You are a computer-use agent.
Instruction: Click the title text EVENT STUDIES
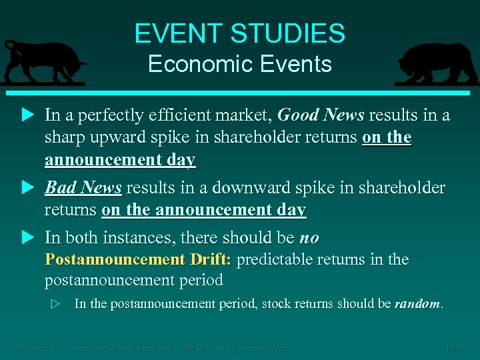pos(240,33)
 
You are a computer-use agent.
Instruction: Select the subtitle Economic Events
pos(240,64)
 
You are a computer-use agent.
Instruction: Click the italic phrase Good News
pos(321,115)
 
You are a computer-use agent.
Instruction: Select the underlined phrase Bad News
pos(83,188)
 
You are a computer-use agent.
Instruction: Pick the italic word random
pos(417,304)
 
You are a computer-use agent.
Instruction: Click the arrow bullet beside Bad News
pos(27,188)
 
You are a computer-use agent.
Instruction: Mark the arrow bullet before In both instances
pos(27,238)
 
